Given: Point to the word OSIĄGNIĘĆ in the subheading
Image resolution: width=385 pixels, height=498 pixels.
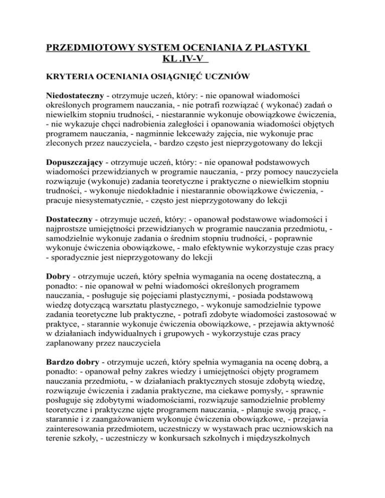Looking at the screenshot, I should [195, 78].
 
